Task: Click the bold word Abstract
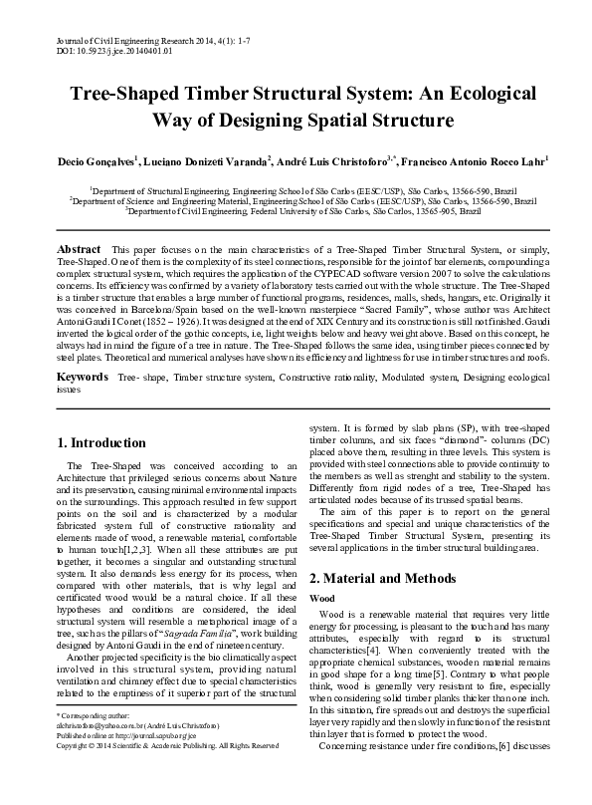(x=79, y=248)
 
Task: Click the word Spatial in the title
(x=351, y=122)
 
